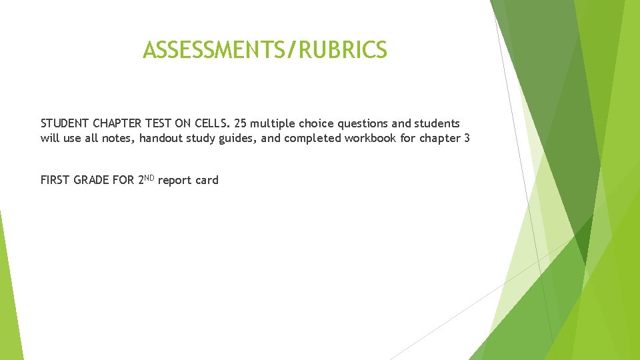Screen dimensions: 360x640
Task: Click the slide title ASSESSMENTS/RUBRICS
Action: pyautogui.click(x=265, y=49)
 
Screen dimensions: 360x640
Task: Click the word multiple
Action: pyautogui.click(x=273, y=124)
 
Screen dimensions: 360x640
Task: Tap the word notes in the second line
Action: pyautogui.click(x=118, y=139)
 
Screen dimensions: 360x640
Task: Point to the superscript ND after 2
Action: pyautogui.click(x=149, y=177)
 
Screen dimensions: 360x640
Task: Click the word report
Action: pyautogui.click(x=175, y=181)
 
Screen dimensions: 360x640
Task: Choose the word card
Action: pyautogui.click(x=207, y=180)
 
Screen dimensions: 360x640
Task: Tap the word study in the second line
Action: pyautogui.click(x=204, y=139)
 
